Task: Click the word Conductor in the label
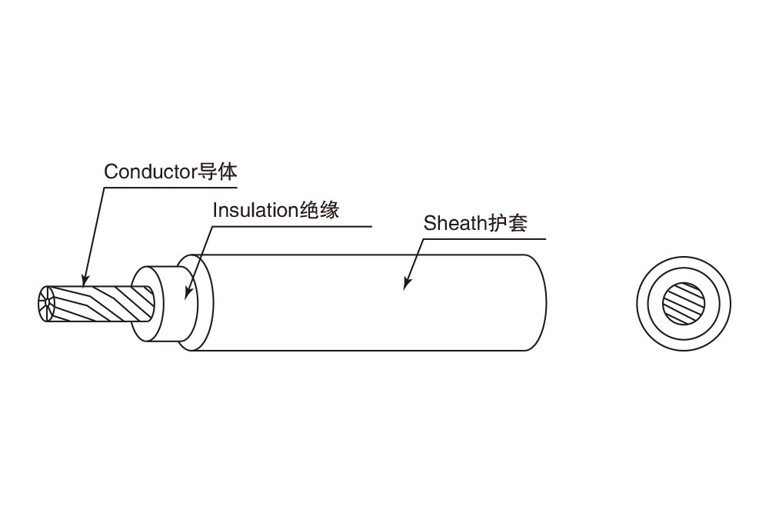[x=151, y=172]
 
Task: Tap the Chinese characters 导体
[x=218, y=171]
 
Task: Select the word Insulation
[x=254, y=210]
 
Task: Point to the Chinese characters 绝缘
[x=318, y=210]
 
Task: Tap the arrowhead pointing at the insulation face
[x=188, y=295]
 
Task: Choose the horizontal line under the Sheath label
[x=484, y=239]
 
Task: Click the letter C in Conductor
[x=110, y=172]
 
